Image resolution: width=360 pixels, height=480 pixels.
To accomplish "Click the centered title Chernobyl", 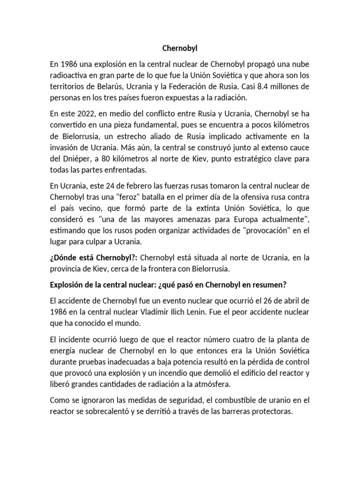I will [x=180, y=48].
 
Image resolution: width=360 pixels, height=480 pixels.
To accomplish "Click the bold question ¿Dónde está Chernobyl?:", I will [x=93, y=258].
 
